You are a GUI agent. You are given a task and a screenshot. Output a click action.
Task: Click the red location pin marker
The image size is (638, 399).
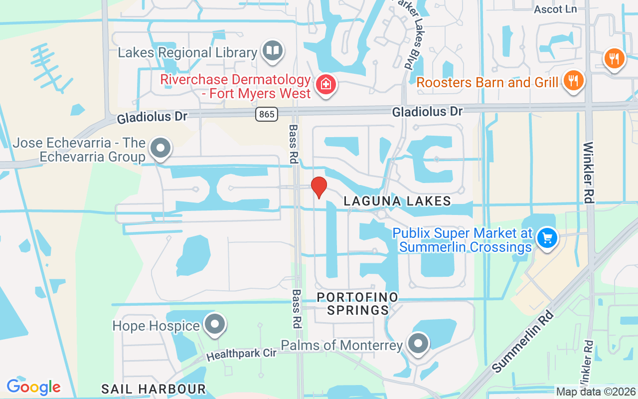[x=319, y=188]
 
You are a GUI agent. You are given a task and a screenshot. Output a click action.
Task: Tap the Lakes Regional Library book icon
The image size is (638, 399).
[x=273, y=51]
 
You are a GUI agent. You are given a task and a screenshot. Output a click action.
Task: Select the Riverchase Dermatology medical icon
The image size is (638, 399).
[x=326, y=84]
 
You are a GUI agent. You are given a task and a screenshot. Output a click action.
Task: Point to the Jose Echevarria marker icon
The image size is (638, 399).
[x=160, y=148]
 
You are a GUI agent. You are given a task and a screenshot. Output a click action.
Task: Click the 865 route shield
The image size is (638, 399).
[x=267, y=114]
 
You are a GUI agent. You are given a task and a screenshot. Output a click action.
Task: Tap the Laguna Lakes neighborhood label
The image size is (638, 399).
[x=397, y=201]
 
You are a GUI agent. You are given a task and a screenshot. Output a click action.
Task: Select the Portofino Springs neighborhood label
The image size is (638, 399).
[x=358, y=304]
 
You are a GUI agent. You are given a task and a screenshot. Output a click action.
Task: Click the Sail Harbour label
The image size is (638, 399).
[x=154, y=389]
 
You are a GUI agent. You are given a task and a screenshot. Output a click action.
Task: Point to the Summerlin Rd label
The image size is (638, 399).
[x=522, y=342]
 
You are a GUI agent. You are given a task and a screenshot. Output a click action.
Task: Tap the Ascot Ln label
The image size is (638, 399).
[x=555, y=9]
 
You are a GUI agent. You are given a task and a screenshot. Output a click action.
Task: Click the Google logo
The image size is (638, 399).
[x=34, y=387]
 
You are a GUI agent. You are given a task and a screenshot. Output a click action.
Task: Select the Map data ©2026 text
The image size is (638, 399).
[x=596, y=392]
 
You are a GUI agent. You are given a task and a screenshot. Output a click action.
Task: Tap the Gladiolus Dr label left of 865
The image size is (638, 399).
[x=152, y=118]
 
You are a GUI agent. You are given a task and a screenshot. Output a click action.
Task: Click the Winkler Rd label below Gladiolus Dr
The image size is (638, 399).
[x=589, y=173]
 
